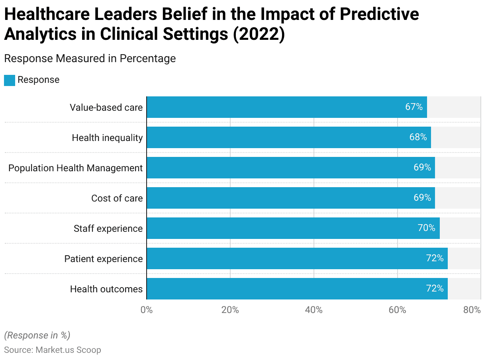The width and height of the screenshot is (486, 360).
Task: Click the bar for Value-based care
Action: tap(287, 107)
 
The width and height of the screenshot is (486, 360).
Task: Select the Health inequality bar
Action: tap(289, 137)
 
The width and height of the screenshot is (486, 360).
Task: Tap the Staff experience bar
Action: tap(293, 228)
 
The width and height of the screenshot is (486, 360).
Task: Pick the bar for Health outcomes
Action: tap(297, 289)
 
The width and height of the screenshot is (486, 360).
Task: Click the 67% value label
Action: tap(414, 107)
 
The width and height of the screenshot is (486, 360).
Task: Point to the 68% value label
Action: tap(418, 137)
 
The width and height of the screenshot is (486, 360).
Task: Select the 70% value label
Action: tap(426, 228)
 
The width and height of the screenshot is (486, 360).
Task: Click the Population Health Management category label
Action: tap(75, 168)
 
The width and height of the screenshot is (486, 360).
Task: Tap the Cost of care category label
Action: tap(117, 198)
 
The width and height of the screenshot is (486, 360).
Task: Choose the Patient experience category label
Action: tap(104, 259)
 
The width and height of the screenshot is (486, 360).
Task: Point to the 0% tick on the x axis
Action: tap(147, 310)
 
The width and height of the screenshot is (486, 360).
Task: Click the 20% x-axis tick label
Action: tap(230, 310)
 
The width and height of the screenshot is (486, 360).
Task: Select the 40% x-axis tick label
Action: tap(314, 310)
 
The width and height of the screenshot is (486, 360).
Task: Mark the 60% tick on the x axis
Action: tap(397, 310)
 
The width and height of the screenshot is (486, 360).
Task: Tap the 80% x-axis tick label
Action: tap(472, 310)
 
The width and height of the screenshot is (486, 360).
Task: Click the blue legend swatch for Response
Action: tap(10, 80)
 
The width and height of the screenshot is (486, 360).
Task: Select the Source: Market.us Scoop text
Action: tap(53, 350)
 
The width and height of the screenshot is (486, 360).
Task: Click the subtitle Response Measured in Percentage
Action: tap(90, 59)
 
